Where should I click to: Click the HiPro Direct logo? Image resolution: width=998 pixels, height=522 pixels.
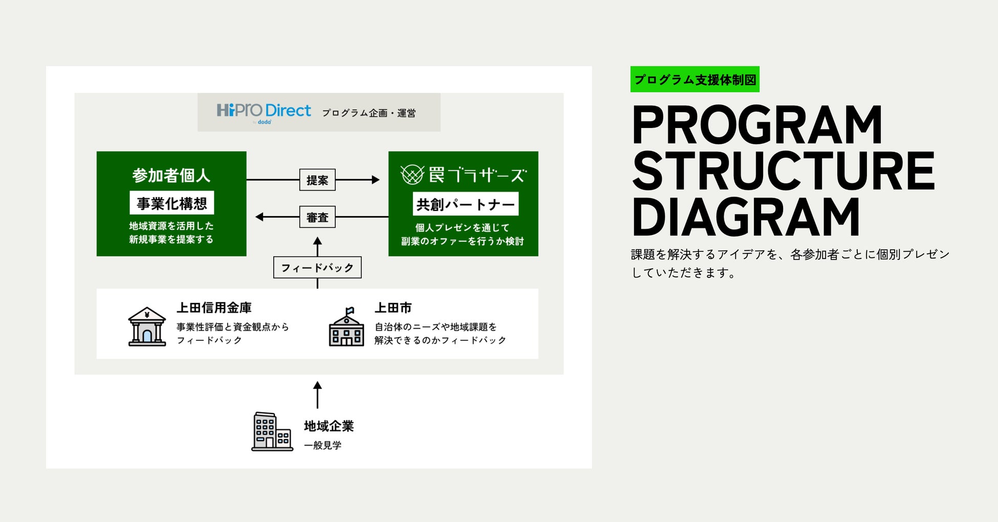[264, 112]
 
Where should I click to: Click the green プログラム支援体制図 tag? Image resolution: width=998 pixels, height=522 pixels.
[695, 79]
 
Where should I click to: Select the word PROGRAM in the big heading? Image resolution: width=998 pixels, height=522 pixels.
[757, 125]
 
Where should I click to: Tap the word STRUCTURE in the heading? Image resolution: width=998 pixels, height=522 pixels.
[784, 171]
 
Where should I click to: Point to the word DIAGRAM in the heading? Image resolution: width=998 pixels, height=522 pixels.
[746, 217]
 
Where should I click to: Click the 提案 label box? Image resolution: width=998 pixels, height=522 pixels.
[317, 180]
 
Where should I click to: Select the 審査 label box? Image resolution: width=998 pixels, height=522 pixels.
[317, 217]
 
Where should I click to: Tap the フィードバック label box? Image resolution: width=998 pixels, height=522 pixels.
[317, 267]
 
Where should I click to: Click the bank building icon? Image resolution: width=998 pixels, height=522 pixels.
[147, 327]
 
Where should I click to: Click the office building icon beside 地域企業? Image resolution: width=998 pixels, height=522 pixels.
[272, 431]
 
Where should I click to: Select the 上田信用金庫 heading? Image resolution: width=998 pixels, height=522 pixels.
[214, 308]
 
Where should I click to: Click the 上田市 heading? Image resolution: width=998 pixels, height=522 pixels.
[393, 308]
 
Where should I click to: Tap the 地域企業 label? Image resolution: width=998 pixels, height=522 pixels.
[329, 426]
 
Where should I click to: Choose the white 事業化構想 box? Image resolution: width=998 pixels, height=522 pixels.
[171, 203]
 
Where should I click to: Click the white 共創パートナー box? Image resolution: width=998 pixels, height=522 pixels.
[465, 204]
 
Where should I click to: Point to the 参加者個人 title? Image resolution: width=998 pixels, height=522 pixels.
[171, 176]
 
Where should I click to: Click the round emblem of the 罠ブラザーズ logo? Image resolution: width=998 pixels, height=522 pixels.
[412, 175]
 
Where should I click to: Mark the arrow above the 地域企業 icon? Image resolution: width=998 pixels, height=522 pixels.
[317, 395]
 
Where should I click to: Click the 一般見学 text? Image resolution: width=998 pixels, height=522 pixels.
[322, 445]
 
